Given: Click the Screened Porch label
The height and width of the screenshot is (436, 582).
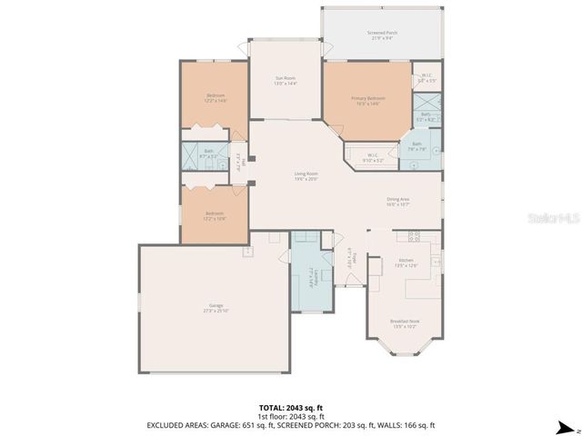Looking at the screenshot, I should coord(381,35).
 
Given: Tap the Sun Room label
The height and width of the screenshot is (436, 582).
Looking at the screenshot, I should coord(286,81).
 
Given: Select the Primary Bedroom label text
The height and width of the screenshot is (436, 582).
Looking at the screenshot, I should coord(368,100).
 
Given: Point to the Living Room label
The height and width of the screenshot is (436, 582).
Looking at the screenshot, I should coord(306,175).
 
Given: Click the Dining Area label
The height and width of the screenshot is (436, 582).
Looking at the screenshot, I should coord(398,203).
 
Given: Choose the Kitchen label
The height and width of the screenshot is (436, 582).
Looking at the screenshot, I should coord(405,262).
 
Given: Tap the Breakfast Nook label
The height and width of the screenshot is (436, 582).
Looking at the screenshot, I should coord(403,322).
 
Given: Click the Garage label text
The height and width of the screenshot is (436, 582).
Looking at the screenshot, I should coord(216,308).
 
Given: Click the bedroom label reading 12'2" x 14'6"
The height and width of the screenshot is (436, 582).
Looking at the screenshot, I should coord(216,98).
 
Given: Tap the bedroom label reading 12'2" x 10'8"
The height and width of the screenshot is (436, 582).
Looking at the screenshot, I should coord(216,216).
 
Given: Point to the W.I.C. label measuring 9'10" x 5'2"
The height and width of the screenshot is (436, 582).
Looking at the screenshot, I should coord(373,157).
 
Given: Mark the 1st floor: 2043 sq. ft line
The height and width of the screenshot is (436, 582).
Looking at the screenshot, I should coord(290,417).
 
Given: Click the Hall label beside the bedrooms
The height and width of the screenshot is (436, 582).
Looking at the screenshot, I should coord(237,162).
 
